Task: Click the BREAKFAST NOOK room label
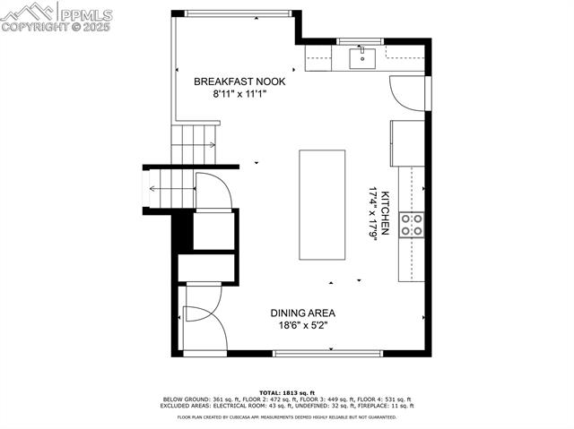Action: (x=239, y=81)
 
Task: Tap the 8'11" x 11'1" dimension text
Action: (x=239, y=93)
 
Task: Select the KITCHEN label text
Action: (x=385, y=213)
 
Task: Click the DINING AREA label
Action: (x=303, y=313)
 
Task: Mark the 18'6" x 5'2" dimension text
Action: (x=303, y=325)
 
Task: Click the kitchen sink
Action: (x=363, y=59)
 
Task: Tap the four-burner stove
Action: (x=412, y=225)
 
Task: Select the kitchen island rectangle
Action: (x=322, y=205)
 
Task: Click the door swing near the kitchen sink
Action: (x=407, y=93)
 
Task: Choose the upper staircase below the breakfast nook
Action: (x=196, y=143)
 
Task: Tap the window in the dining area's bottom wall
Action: (x=326, y=354)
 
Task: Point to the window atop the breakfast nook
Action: (x=238, y=13)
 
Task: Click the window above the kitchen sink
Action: (x=363, y=41)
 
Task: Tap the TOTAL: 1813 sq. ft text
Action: (x=286, y=392)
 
